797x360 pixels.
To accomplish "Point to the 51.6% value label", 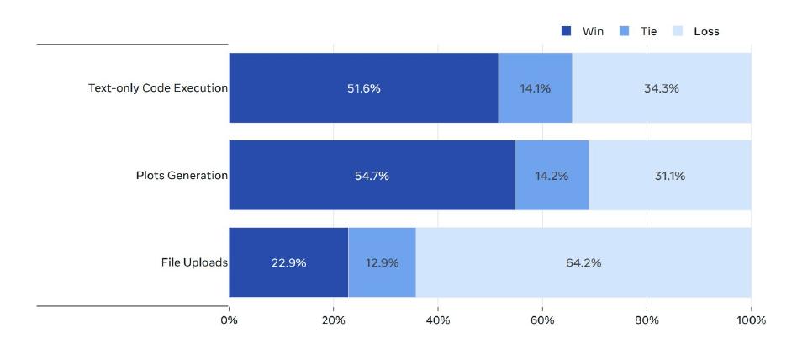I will tap(363, 88).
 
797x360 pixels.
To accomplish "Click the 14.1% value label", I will tap(535, 88).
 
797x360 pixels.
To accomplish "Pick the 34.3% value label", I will tap(662, 88).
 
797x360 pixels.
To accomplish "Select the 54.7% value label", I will tap(372, 176).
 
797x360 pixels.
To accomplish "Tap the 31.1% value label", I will tap(669, 176).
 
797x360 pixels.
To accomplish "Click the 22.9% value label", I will tap(288, 262).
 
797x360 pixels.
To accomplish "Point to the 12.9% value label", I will tap(382, 262).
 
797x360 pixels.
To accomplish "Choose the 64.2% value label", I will tap(583, 262).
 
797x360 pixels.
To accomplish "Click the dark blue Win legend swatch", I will tap(567, 31).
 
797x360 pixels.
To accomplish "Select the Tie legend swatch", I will tap(623, 31).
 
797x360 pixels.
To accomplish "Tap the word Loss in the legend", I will tap(706, 31).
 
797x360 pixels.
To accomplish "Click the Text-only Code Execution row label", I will tap(158, 88).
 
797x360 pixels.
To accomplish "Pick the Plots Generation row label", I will tap(182, 176).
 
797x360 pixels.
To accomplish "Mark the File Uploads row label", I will tap(194, 262).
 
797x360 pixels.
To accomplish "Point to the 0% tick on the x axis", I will tap(229, 320).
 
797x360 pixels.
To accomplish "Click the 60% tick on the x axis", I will tap(542, 320).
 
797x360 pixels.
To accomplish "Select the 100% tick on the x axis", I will tap(751, 320).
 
